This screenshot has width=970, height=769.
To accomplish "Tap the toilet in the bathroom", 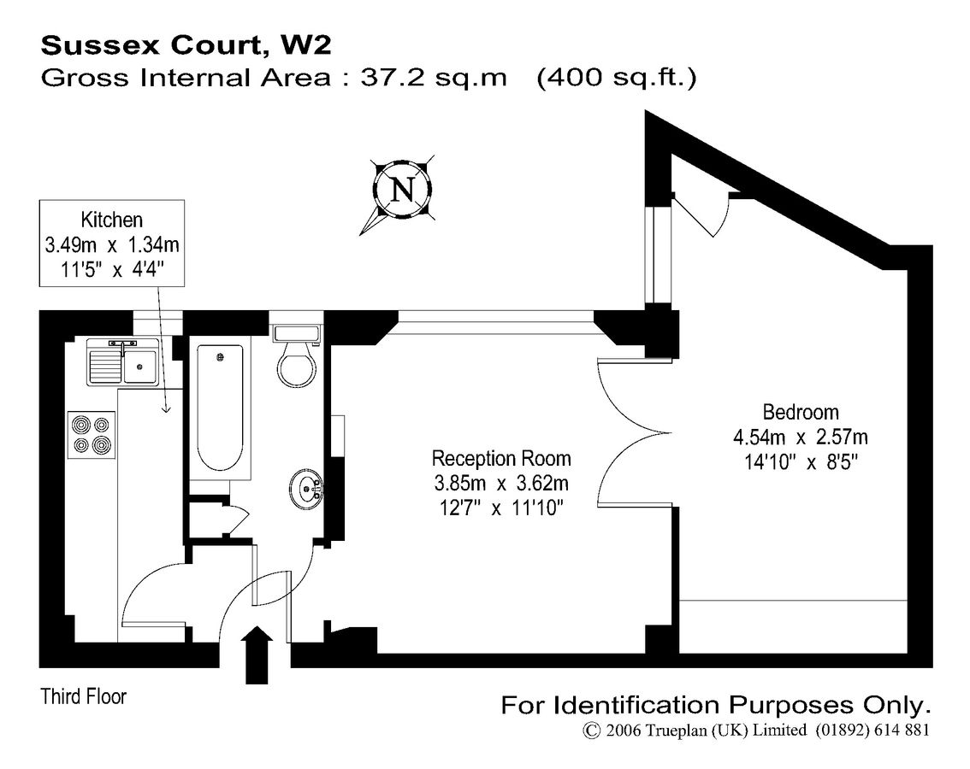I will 297,360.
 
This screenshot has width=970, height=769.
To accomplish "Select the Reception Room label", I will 501,458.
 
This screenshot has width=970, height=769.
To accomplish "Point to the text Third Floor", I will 84,696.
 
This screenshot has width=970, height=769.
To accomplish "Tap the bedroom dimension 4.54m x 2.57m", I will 801,437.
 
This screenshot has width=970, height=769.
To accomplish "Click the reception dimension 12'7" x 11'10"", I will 501,508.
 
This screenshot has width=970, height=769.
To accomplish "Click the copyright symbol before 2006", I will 591,731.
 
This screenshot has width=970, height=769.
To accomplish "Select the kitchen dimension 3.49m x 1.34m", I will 111,245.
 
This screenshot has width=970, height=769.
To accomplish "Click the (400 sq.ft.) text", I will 616,78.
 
